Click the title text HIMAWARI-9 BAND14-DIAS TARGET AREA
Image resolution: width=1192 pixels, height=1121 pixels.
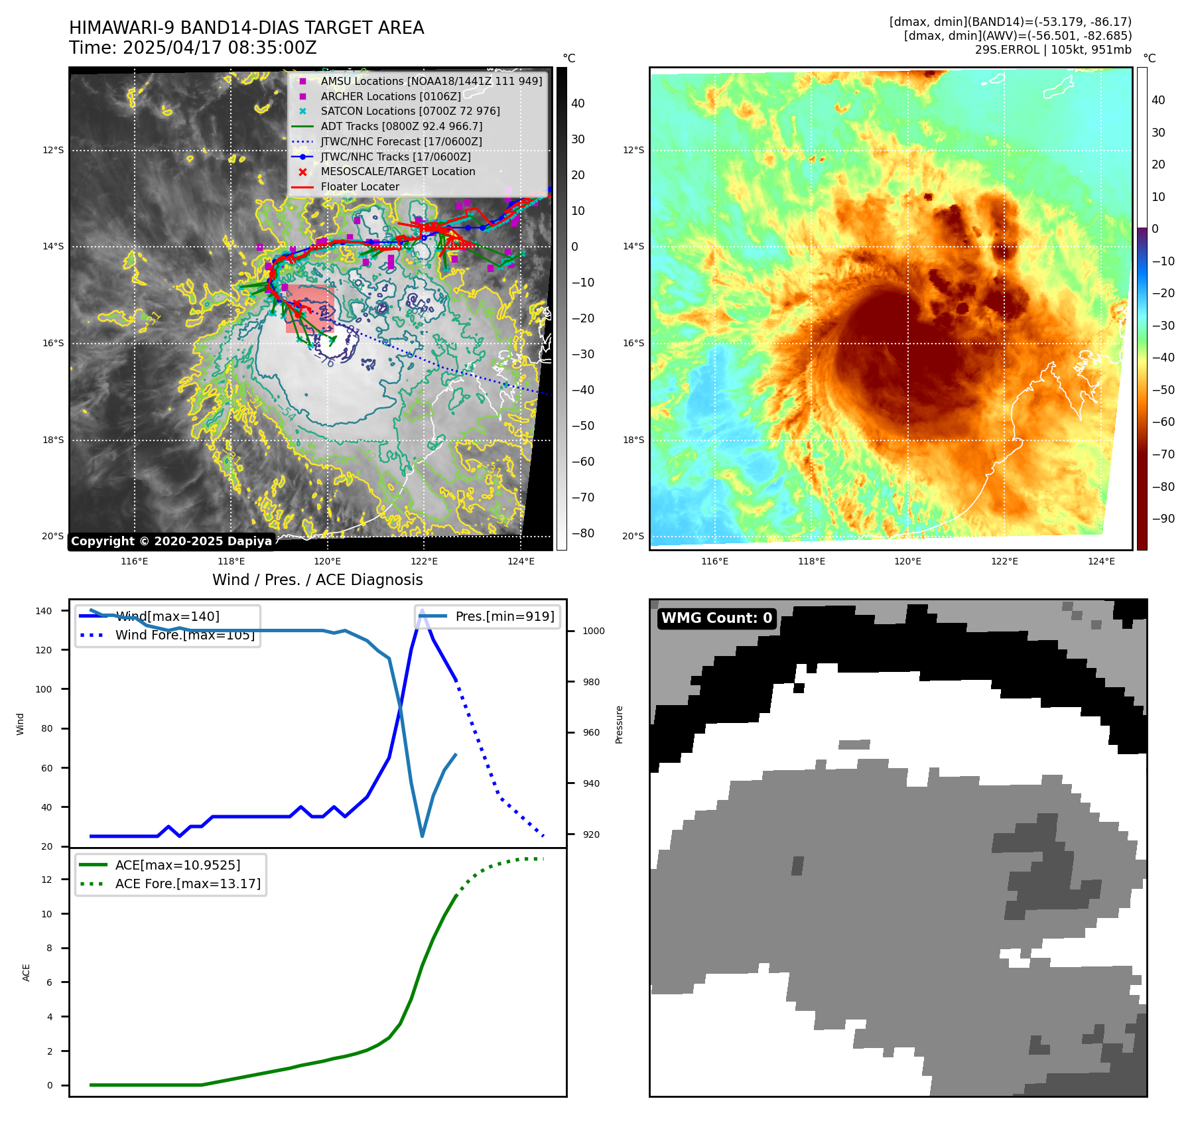point(246,28)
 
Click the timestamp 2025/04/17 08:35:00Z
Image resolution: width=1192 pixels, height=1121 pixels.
point(220,48)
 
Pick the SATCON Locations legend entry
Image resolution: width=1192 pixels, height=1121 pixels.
point(410,111)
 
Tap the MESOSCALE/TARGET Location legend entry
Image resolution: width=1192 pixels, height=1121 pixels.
point(398,172)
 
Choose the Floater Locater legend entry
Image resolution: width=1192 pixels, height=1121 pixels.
point(360,187)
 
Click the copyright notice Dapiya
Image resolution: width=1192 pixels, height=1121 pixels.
point(171,541)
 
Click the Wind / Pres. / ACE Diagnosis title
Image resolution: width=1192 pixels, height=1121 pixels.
point(317,580)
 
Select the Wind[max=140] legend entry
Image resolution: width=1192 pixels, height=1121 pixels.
point(167,616)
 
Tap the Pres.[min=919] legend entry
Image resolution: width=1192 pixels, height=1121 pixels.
point(504,616)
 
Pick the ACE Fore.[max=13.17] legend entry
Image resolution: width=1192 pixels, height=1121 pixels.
point(188,884)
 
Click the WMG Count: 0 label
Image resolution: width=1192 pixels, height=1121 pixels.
point(716,618)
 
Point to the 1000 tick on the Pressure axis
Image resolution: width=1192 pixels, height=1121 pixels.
point(593,631)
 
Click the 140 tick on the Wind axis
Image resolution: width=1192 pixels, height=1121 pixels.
point(44,611)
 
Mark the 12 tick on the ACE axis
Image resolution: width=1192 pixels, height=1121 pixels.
point(46,880)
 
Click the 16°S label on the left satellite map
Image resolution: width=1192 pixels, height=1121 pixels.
point(53,344)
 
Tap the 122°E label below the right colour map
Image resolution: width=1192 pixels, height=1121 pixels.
point(1004,561)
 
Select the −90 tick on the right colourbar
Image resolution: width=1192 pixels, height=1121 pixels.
point(1163,519)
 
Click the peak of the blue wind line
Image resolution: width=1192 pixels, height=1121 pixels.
point(422,610)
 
